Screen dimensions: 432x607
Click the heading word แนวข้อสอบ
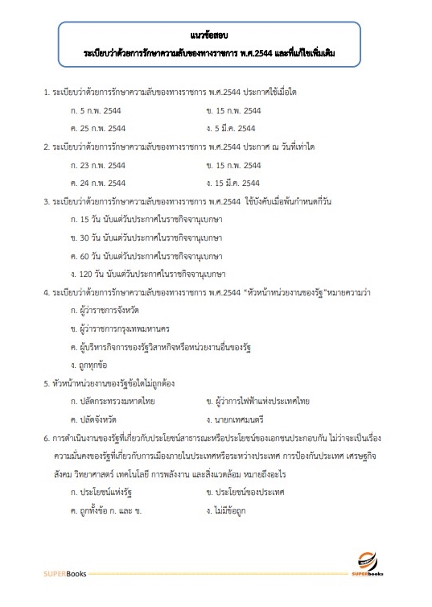[215, 36]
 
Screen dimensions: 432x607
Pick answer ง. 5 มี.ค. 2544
[231, 128]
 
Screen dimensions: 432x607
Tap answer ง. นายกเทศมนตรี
[236, 419]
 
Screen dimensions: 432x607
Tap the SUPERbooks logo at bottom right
[372, 563]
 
